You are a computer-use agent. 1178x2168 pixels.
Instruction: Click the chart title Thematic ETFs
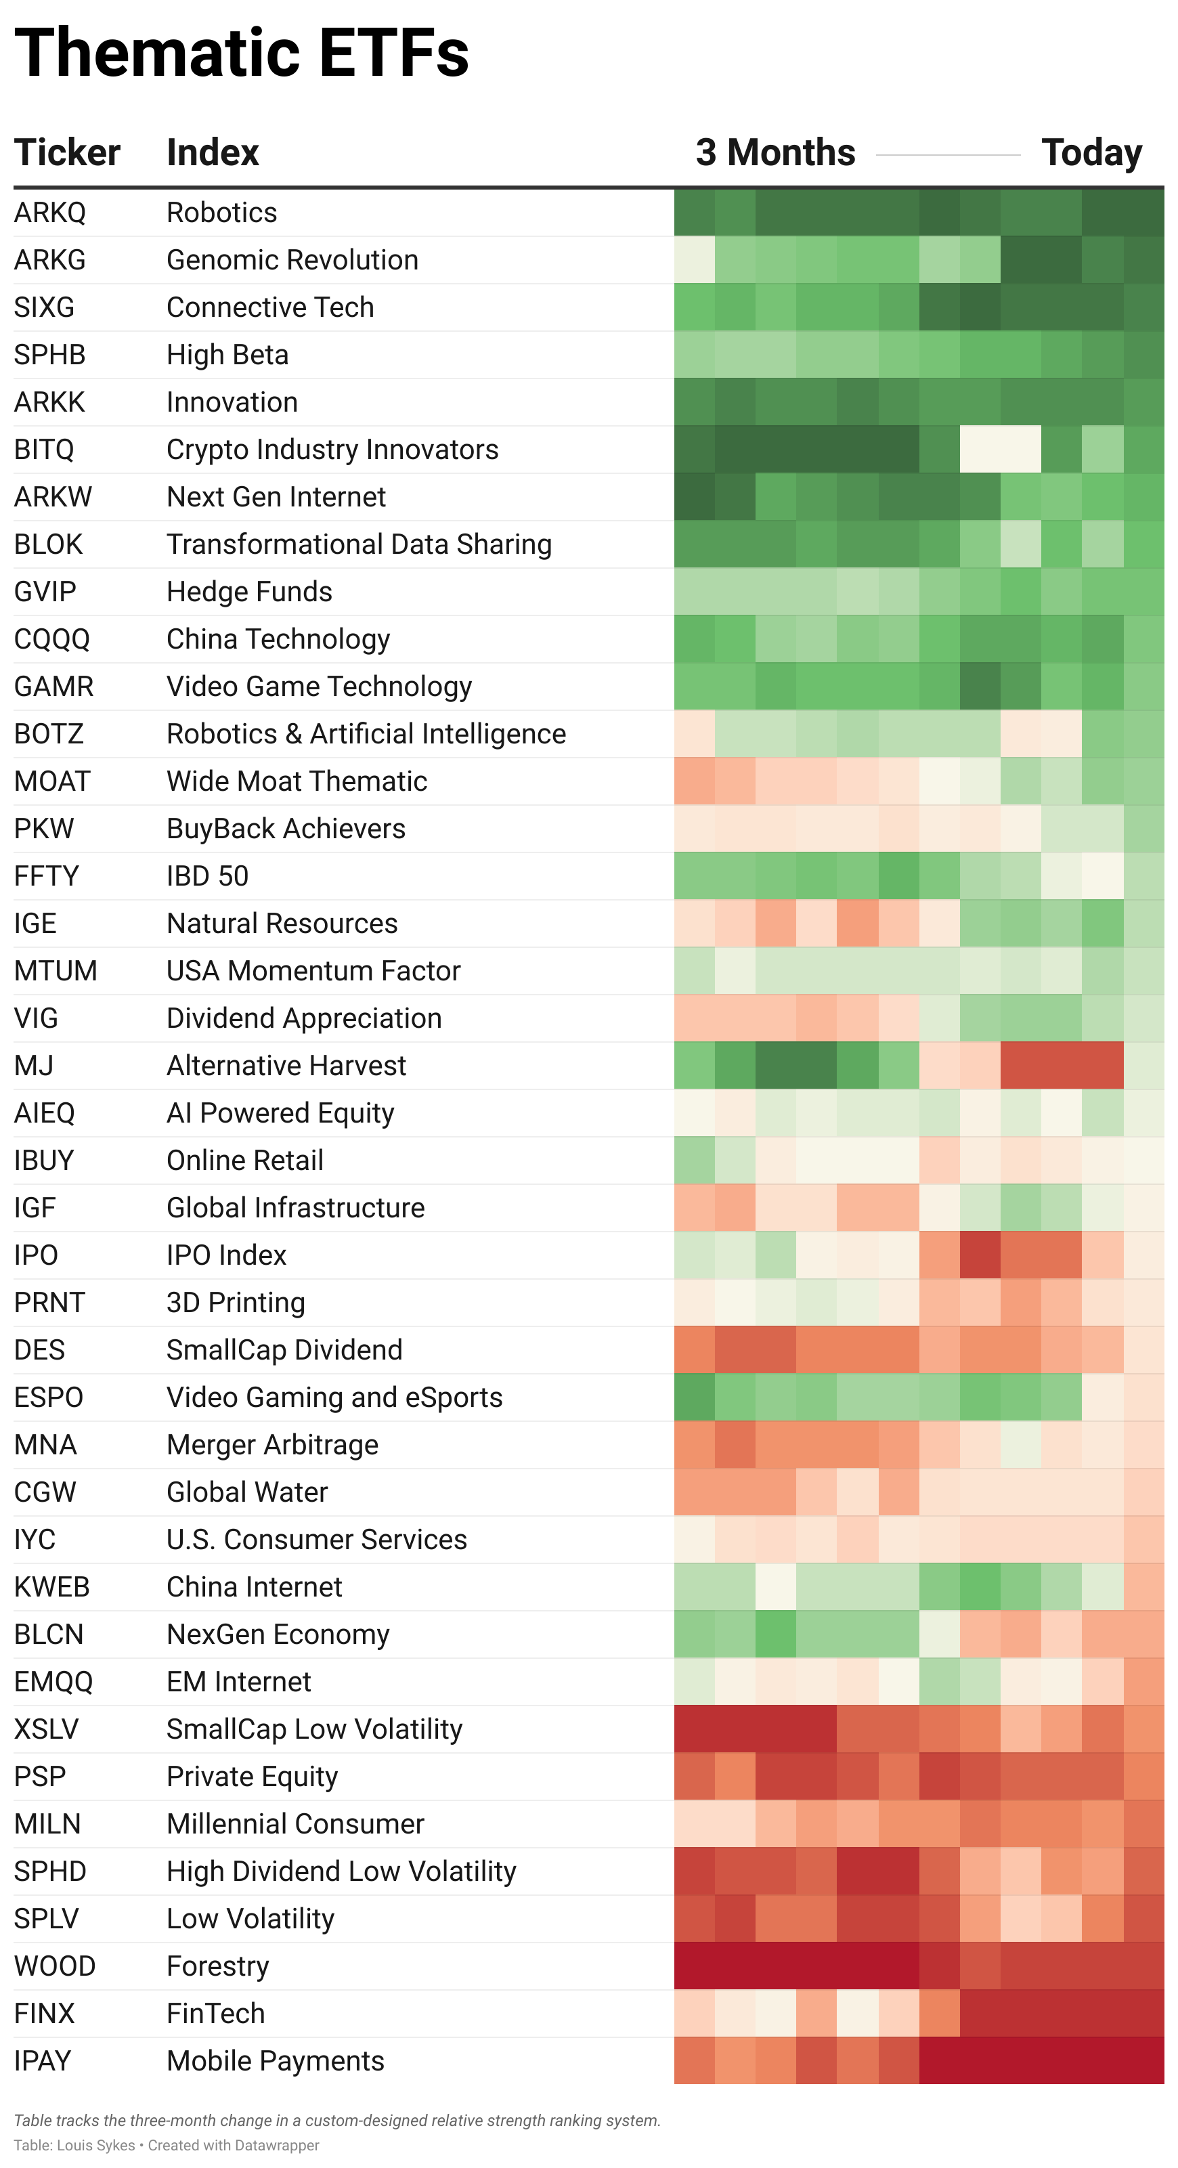(x=242, y=52)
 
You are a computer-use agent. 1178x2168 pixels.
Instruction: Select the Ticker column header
(x=67, y=152)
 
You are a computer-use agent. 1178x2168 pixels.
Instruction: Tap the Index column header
(x=213, y=152)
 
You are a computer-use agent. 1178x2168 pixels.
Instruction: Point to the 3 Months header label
(x=775, y=152)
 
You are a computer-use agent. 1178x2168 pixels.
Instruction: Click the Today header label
(x=1091, y=152)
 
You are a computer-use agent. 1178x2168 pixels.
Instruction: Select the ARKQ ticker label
(x=49, y=213)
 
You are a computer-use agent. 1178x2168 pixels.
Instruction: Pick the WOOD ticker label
(x=55, y=1966)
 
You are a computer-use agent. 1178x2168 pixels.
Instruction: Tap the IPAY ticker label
(x=43, y=2060)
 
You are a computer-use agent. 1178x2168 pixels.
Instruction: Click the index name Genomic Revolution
(x=292, y=260)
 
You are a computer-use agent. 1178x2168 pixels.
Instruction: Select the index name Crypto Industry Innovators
(x=332, y=450)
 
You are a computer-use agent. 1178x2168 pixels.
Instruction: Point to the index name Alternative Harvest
(x=286, y=1066)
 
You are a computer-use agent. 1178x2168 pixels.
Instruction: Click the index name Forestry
(x=218, y=1966)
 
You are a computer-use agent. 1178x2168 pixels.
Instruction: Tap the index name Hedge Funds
(x=249, y=592)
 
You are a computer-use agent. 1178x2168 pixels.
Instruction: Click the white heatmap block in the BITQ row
(x=1001, y=450)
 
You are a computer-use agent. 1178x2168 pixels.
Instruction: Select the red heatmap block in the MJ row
(x=1062, y=1066)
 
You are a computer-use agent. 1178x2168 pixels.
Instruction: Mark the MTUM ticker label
(x=56, y=970)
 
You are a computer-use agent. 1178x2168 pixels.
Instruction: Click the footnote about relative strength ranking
(x=337, y=2121)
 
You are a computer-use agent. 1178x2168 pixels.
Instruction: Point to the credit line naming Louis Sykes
(x=167, y=2145)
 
